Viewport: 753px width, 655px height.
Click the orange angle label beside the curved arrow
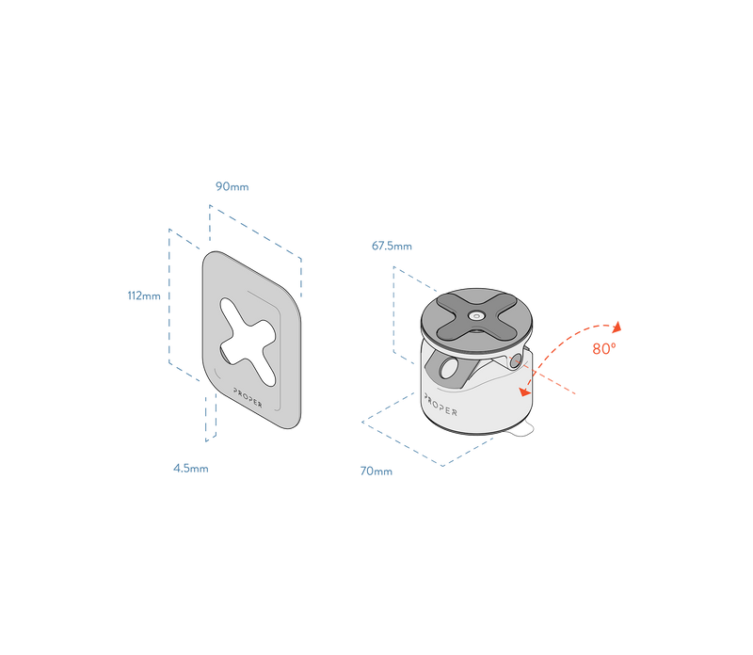pyautogui.click(x=603, y=349)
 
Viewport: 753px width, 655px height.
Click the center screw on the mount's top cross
pyautogui.click(x=477, y=316)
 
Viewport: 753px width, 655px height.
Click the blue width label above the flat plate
pyautogui.click(x=232, y=186)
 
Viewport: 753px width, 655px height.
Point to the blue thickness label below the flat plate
pyautogui.click(x=190, y=469)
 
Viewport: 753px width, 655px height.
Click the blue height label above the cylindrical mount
pyautogui.click(x=392, y=247)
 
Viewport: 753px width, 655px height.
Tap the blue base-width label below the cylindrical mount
pyautogui.click(x=376, y=471)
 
